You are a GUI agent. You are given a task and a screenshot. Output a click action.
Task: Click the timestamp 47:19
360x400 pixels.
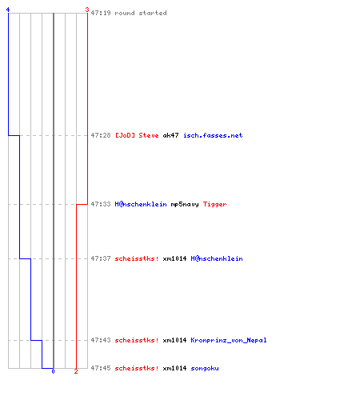tap(101, 13)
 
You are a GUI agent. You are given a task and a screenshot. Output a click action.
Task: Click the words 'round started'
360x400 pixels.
tap(141, 13)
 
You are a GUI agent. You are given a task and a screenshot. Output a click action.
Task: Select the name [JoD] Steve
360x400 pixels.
tap(137, 135)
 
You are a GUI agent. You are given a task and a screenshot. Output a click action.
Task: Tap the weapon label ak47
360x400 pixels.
tap(170, 135)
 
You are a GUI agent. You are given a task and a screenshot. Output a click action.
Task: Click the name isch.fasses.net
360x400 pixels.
tap(213, 135)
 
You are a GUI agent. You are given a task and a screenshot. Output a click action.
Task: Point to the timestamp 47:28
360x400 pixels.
tap(101, 135)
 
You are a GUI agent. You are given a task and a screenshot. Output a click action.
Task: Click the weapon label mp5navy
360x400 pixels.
tap(185, 205)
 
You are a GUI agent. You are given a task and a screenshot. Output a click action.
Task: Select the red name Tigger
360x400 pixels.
tap(214, 205)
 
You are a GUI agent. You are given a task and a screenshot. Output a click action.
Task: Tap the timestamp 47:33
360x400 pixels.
tap(101, 204)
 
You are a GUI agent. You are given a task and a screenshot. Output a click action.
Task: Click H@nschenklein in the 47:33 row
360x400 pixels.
tap(141, 204)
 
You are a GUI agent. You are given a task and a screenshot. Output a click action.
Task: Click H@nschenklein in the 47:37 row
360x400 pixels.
tap(217, 258)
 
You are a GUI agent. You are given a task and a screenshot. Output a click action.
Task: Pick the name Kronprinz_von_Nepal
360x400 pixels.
tap(229, 340)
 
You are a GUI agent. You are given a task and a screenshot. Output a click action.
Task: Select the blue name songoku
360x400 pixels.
tap(205, 369)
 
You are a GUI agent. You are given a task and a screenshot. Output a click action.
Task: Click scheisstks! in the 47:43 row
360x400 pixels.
tap(137, 340)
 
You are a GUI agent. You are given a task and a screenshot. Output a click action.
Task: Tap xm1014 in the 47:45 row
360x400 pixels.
tap(174, 368)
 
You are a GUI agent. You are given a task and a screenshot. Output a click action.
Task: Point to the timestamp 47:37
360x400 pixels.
tap(101, 258)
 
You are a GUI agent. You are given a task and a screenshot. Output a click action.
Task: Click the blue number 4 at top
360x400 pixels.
tap(8, 10)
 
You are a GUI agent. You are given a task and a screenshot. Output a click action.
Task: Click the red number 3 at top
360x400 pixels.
tap(87, 10)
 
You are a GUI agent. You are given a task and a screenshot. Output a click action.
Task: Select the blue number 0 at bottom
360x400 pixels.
tap(53, 371)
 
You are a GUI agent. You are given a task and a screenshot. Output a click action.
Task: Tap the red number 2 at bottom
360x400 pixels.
tap(76, 371)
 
